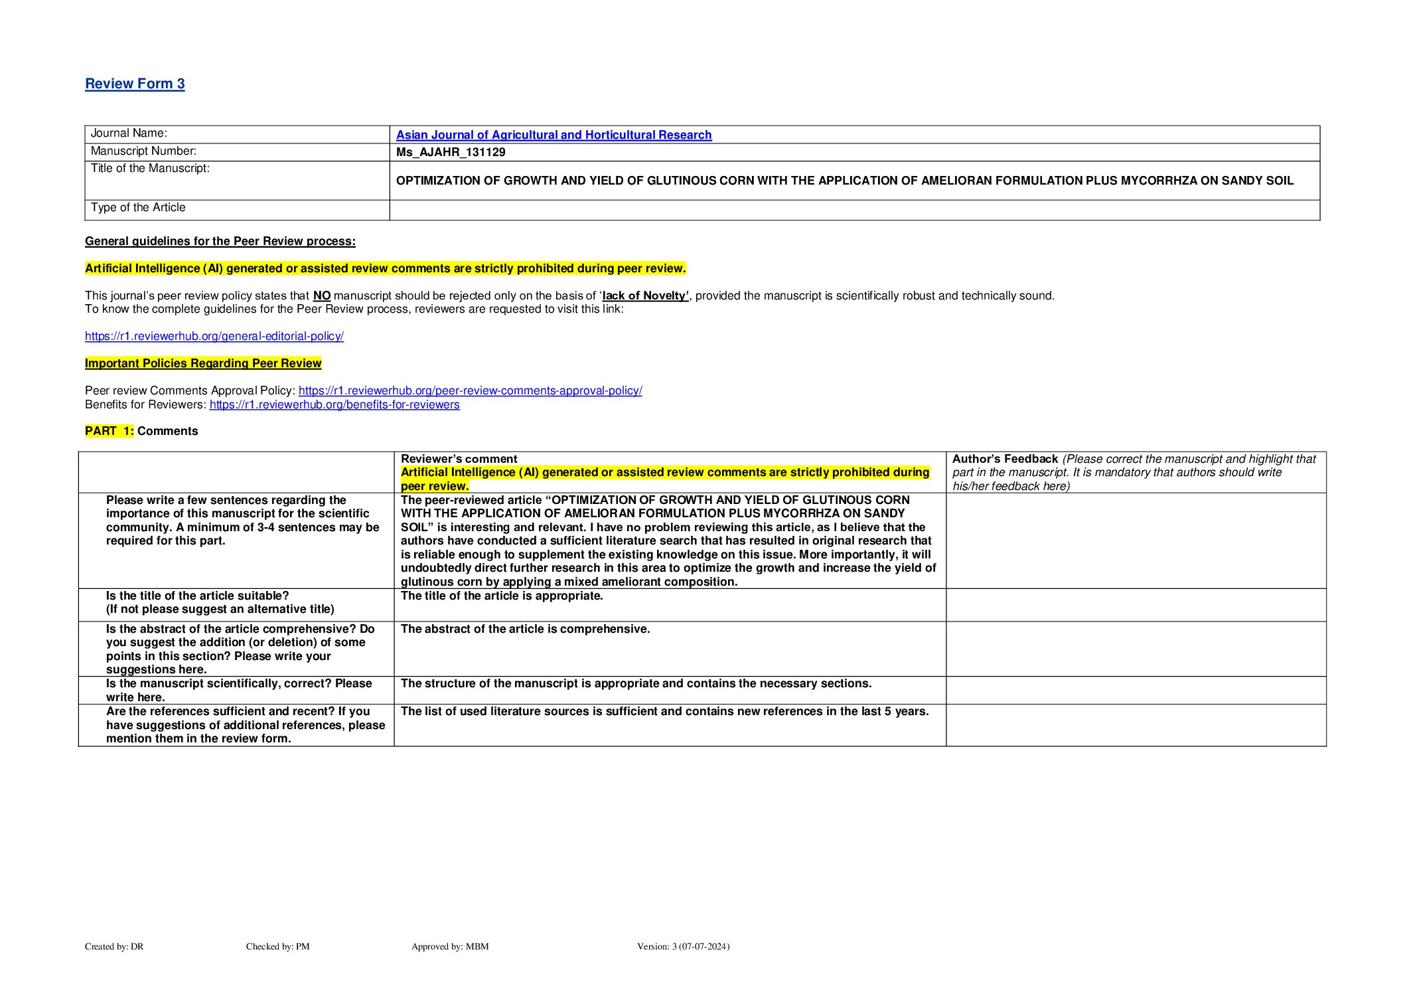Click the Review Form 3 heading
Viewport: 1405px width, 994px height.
click(135, 84)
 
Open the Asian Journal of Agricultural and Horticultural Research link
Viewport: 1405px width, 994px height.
click(554, 135)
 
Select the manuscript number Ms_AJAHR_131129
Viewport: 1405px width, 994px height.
click(451, 152)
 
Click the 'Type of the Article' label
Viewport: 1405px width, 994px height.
click(138, 207)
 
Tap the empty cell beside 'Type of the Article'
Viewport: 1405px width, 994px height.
click(854, 210)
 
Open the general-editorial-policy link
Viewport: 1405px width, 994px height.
click(214, 336)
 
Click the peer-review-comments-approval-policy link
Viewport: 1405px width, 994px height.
click(470, 390)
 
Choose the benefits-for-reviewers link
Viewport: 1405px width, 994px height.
click(334, 404)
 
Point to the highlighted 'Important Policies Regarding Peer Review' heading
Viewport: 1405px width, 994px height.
click(203, 363)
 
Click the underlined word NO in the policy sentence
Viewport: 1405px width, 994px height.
click(322, 295)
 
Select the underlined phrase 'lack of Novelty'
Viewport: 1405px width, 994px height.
click(645, 295)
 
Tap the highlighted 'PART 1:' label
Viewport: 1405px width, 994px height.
click(110, 431)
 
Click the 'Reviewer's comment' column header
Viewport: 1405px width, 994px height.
click(459, 459)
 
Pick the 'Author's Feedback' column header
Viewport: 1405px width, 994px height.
click(1005, 459)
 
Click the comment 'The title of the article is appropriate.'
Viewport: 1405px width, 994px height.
click(502, 596)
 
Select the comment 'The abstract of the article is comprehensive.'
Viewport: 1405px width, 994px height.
click(525, 629)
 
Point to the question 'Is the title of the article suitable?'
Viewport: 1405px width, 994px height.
click(198, 596)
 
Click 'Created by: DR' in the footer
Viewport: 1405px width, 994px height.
click(114, 946)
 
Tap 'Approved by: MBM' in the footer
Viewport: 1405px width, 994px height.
click(450, 946)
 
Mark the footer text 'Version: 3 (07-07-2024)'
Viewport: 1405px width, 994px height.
click(683, 946)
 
